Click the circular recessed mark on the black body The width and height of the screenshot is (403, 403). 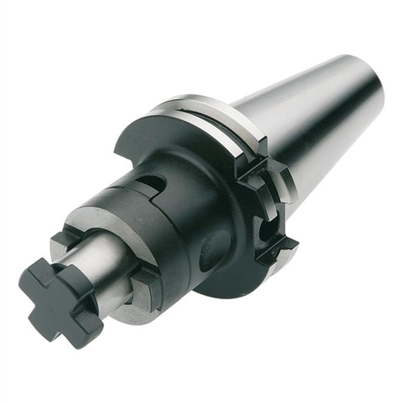click(x=213, y=251)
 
